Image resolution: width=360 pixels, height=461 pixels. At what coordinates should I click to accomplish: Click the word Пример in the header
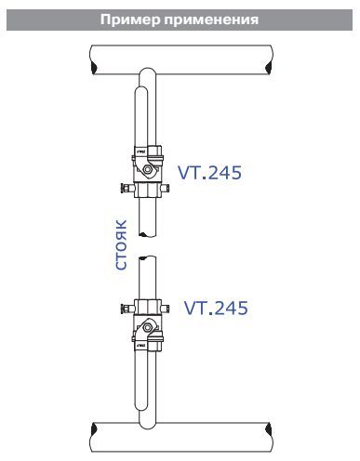coord(130,20)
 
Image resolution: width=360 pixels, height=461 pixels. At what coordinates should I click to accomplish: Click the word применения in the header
coord(211,20)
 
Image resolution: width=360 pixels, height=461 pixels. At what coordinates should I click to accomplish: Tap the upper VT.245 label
coord(209,172)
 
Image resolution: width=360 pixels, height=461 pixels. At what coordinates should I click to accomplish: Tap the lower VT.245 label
coord(216,308)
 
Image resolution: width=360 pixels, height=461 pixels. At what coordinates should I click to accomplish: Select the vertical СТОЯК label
coord(121,244)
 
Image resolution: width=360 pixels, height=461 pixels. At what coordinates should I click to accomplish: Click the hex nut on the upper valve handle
coord(148,169)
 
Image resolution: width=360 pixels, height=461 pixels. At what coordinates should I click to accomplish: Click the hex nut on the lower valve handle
coord(148,327)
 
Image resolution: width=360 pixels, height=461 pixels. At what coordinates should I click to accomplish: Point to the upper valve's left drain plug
coord(127,188)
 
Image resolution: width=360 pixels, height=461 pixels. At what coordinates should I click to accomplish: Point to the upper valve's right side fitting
coord(166,188)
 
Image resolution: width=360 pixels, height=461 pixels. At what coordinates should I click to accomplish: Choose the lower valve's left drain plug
coord(127,309)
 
